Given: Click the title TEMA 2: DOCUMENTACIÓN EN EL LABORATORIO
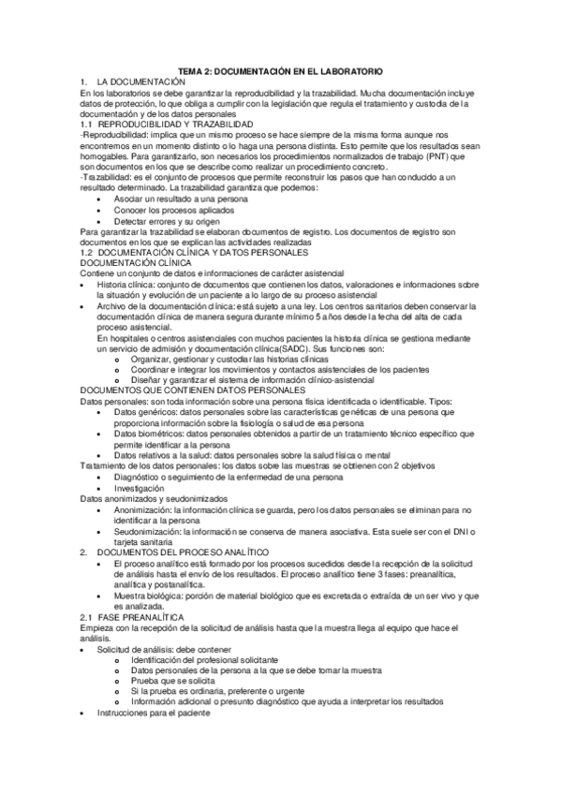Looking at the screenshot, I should pyautogui.click(x=280, y=72).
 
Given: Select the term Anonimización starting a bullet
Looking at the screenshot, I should pyautogui.click(x=144, y=510).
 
